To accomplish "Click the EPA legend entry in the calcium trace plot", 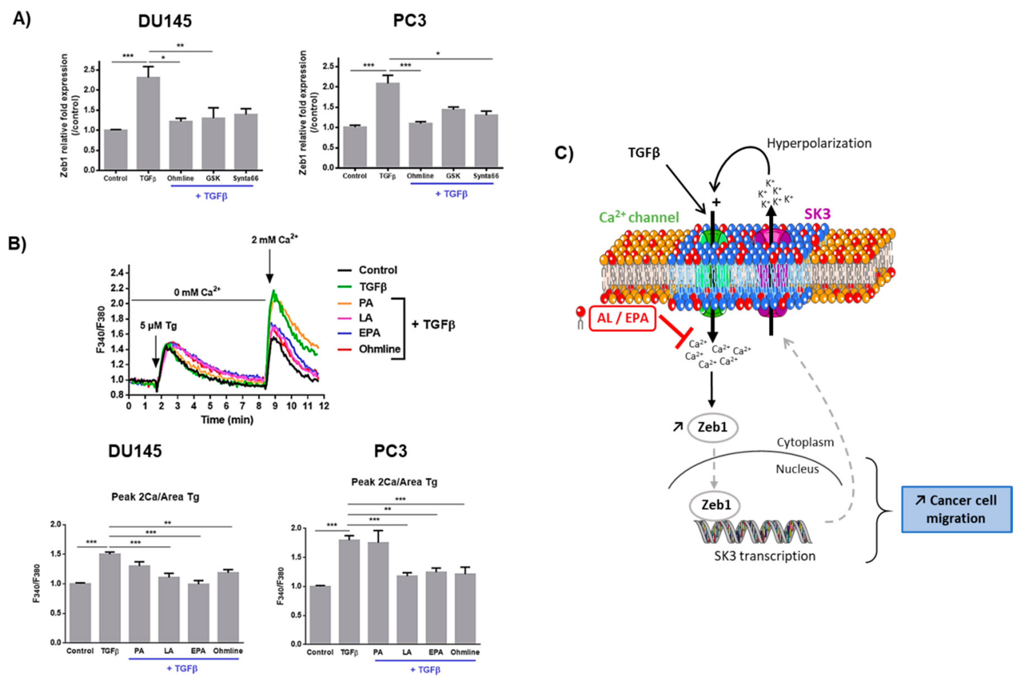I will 369,333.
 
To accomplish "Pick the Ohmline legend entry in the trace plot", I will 379,349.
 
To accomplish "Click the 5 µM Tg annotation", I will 158,326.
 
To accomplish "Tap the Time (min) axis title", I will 227,420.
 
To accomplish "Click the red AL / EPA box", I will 622,318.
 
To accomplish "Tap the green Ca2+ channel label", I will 639,217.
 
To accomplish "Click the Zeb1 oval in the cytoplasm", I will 712,427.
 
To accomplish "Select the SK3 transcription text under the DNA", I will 764,556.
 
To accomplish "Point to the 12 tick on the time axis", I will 324,406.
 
